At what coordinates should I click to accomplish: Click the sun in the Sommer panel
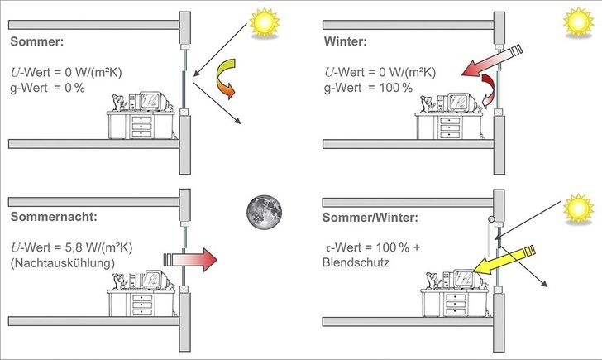(x=265, y=22)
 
